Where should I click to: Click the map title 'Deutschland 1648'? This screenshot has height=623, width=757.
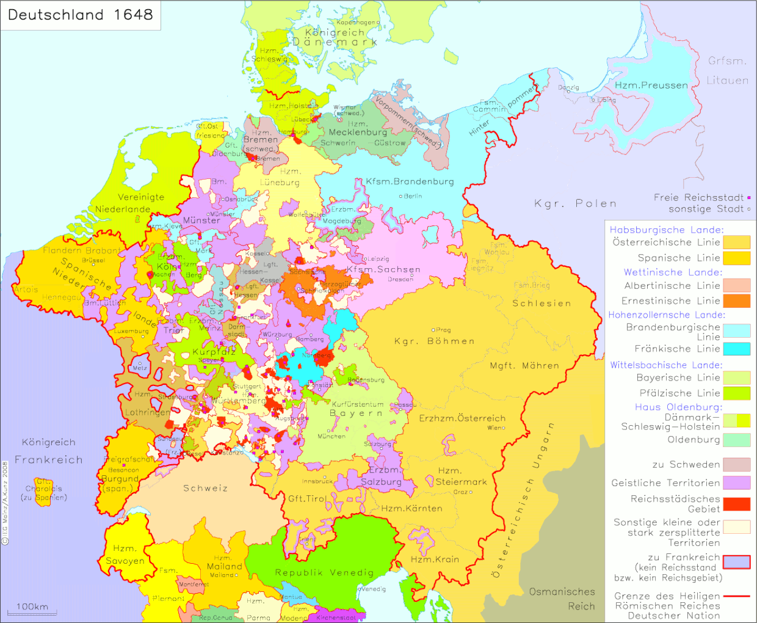(80, 15)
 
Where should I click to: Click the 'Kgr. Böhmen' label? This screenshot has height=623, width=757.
(434, 341)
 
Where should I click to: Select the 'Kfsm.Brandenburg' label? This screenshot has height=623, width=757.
(410, 181)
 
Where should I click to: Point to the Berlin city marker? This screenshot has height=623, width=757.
(401, 197)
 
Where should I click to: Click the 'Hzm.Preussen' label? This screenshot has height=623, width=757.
(651, 86)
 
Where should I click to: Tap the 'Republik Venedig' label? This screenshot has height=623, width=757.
(324, 572)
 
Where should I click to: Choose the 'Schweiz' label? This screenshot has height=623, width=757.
(205, 488)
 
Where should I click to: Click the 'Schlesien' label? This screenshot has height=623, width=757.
(541, 304)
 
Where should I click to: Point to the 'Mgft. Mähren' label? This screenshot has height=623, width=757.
(524, 366)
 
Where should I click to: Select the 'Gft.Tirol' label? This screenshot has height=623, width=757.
(307, 498)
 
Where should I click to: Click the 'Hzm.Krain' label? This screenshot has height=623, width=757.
(435, 559)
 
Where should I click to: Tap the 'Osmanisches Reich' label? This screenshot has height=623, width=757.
(562, 599)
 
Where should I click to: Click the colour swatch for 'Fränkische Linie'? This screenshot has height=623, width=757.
(737, 349)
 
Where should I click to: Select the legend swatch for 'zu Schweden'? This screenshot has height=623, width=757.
(737, 465)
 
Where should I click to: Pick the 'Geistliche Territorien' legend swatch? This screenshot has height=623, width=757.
(737, 483)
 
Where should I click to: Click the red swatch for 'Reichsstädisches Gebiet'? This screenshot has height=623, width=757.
(737, 504)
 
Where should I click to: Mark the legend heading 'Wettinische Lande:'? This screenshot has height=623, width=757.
(673, 272)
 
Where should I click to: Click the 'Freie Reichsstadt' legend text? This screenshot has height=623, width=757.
(698, 197)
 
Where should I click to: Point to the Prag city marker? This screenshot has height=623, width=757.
(433, 330)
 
